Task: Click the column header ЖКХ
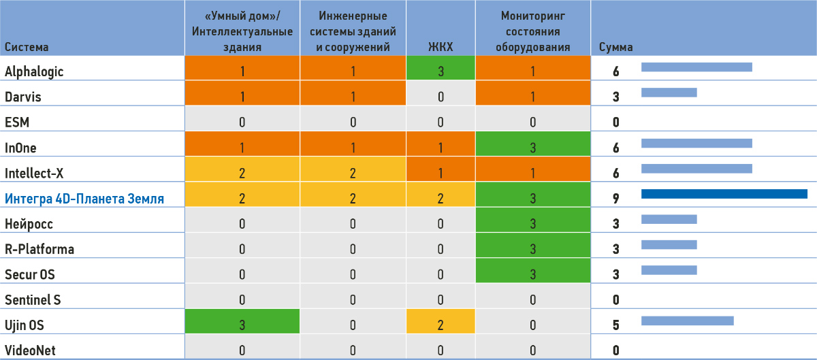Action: click(x=440, y=48)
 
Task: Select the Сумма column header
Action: click(x=615, y=48)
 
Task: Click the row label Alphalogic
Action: click(x=34, y=71)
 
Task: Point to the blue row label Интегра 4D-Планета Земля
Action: click(x=85, y=199)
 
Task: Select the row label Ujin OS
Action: click(x=25, y=325)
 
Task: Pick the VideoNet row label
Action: click(x=30, y=351)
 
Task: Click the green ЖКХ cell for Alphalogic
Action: click(x=440, y=71)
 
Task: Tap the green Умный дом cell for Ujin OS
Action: click(x=242, y=325)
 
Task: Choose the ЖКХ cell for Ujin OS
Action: click(x=440, y=325)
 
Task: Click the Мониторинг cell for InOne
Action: click(x=532, y=148)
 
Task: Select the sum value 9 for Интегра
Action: click(x=615, y=199)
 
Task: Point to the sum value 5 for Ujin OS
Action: click(x=615, y=325)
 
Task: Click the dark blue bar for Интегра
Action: click(x=724, y=195)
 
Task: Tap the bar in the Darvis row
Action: click(x=669, y=93)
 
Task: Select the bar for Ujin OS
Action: click(x=687, y=321)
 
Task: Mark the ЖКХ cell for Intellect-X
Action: click(x=440, y=173)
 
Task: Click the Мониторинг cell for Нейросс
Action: click(x=532, y=224)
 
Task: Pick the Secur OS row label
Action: click(x=30, y=274)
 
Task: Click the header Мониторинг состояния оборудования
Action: click(x=532, y=31)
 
